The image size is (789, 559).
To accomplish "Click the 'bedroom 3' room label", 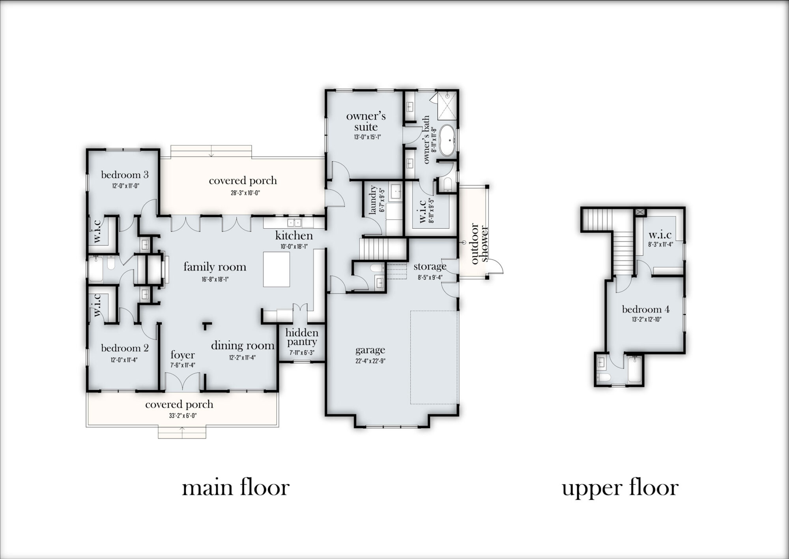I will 125,175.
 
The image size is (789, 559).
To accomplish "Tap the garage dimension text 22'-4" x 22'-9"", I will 370,361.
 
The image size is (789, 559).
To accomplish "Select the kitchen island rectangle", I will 276,269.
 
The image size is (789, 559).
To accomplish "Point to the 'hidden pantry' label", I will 302,337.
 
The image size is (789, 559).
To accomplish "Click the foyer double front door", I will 182,382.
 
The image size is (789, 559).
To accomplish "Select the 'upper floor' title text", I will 620,488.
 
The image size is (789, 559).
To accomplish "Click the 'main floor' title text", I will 236,488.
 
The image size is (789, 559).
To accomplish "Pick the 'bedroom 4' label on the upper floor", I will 645,309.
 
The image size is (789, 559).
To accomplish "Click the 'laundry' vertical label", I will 373,201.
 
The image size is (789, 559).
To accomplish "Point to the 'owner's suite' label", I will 366,121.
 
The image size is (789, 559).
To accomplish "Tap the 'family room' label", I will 215,267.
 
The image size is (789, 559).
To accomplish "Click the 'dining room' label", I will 242,346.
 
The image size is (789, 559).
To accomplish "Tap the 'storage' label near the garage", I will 430,267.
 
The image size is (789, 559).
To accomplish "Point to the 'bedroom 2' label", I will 125,348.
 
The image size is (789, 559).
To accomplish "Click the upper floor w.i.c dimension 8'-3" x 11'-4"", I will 660,244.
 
